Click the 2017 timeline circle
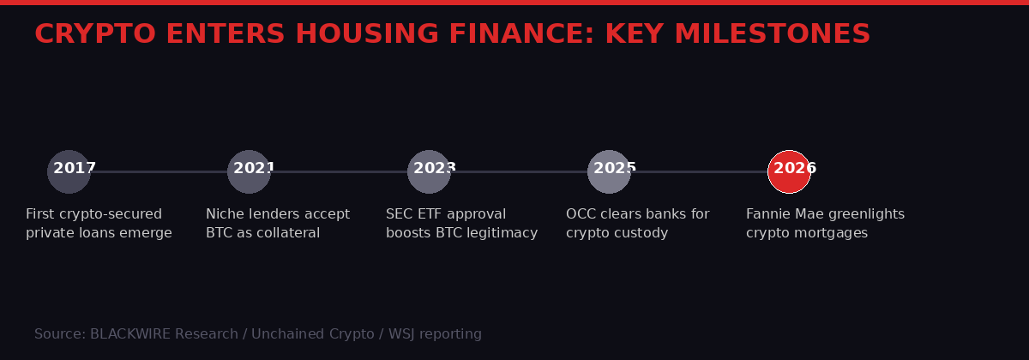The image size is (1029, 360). tap(69, 171)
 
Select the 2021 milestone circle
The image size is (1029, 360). tap(249, 171)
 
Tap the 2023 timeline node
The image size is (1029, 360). tap(429, 171)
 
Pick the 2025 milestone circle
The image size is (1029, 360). tap(609, 171)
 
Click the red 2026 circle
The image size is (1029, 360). tap(789, 171)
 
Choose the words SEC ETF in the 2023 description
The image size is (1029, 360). tap(415, 214)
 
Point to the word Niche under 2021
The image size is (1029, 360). tap(226, 214)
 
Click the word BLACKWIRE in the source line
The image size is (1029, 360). tap(133, 334)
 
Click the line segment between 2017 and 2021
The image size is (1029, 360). tap(159, 171)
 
